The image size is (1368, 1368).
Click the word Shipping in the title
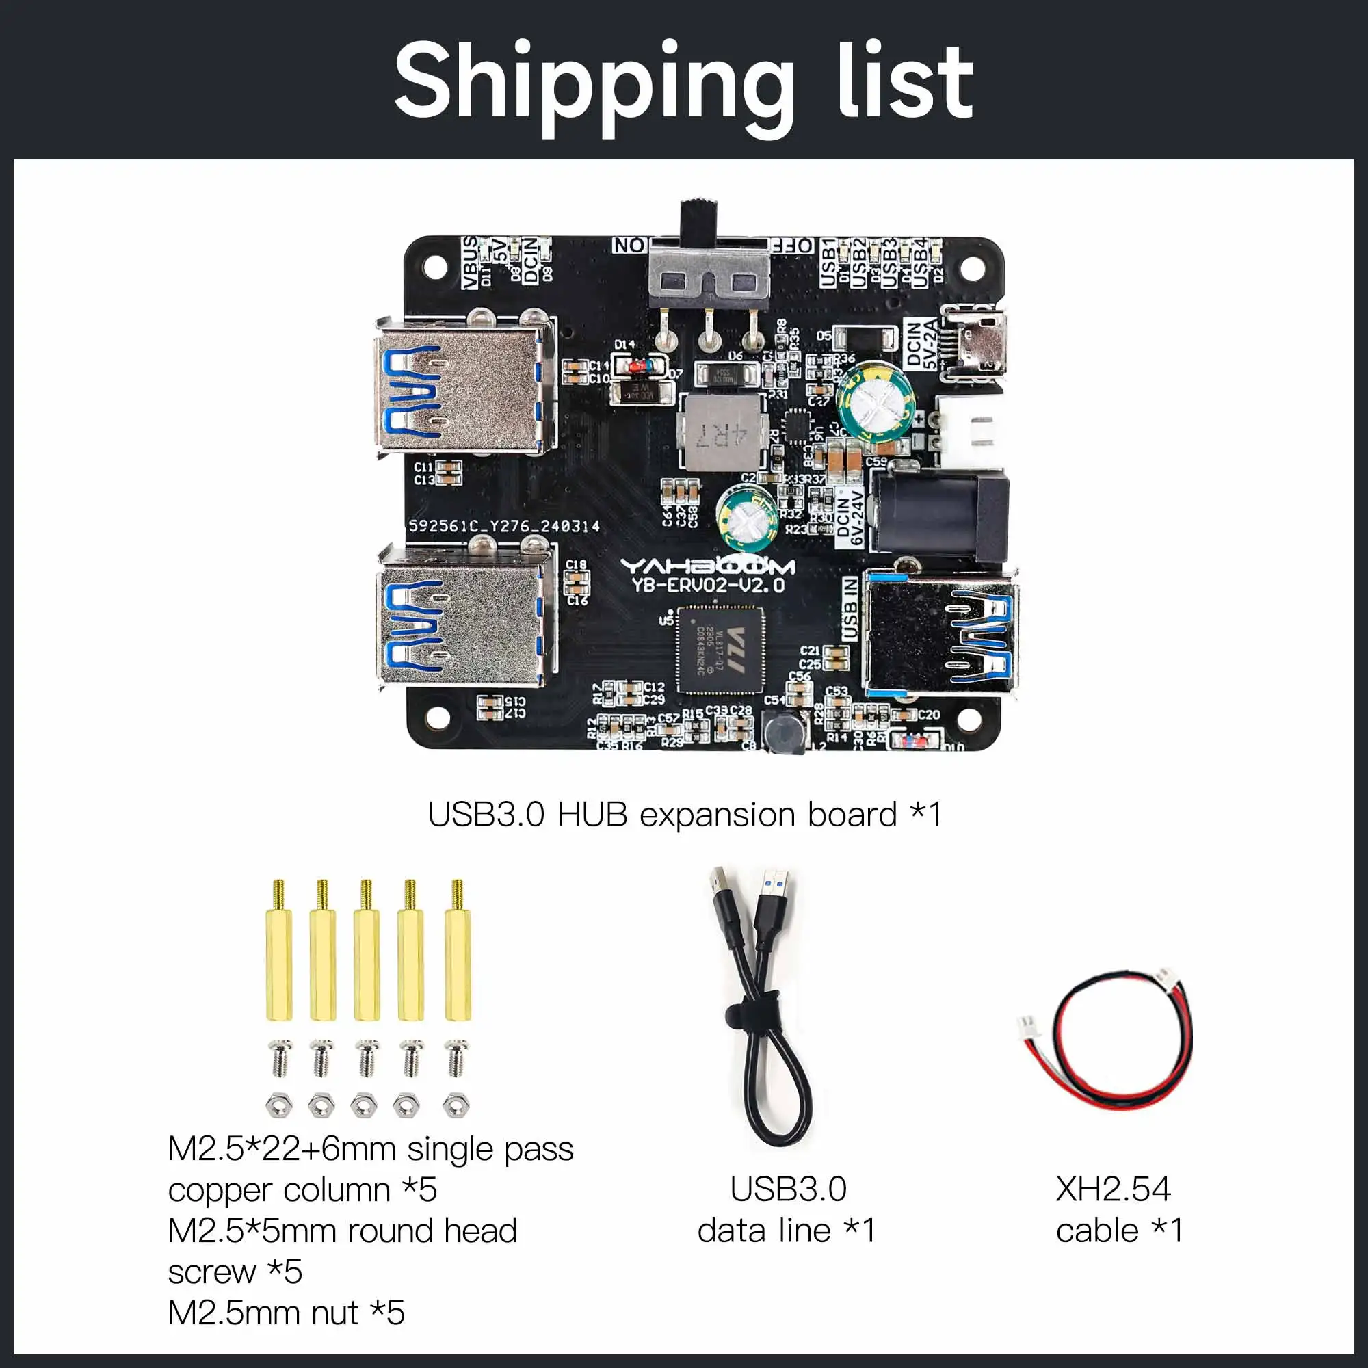[593, 83]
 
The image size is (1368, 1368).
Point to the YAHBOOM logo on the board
[707, 566]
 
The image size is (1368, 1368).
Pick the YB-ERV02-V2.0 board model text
[707, 585]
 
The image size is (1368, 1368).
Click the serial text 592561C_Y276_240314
[504, 526]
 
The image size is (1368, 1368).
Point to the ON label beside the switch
[629, 245]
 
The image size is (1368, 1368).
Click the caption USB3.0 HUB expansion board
[684, 815]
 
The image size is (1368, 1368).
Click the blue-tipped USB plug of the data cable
[776, 890]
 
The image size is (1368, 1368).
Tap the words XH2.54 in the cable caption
[1112, 1189]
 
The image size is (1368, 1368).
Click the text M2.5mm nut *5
[286, 1312]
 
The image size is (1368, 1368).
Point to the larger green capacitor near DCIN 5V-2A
[871, 402]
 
